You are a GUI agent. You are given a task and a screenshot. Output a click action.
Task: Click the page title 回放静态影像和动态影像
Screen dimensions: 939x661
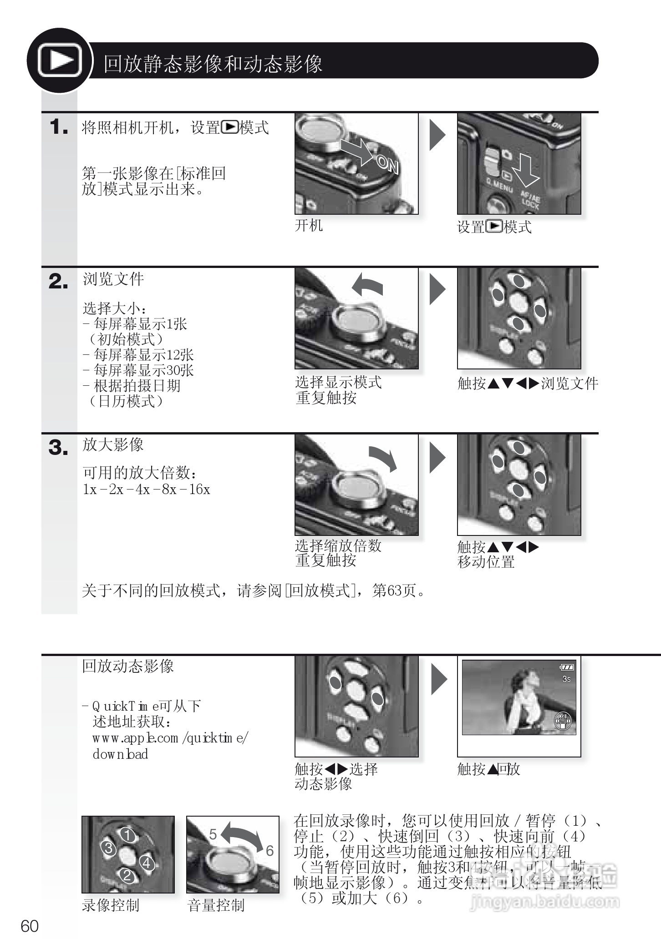click(213, 64)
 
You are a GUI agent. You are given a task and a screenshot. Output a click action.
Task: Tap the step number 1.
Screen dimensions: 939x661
click(58, 126)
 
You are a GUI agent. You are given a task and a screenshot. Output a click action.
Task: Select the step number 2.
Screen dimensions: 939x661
click(58, 282)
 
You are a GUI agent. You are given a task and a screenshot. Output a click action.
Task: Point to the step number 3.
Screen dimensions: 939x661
click(58, 448)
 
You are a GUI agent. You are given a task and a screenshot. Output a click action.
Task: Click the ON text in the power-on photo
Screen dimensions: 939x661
click(387, 164)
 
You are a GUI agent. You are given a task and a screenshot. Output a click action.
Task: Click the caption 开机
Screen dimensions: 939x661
click(309, 225)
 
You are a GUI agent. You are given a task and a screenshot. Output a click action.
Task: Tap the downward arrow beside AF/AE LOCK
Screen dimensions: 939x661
click(529, 171)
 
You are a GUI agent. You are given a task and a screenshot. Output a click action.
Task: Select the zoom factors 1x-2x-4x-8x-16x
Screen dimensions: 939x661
click(146, 490)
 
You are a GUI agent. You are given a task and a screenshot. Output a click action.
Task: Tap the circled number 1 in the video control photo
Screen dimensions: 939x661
click(128, 835)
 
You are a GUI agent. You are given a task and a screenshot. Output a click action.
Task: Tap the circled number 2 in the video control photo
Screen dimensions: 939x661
click(127, 876)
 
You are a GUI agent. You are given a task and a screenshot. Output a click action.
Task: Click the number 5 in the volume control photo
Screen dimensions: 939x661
click(213, 834)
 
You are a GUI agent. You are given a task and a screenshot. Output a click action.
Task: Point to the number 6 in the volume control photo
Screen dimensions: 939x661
click(270, 851)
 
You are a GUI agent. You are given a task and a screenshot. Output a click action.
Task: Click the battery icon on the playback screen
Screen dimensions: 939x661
click(567, 667)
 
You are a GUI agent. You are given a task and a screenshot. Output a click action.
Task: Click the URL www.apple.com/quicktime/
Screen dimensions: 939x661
click(170, 738)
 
